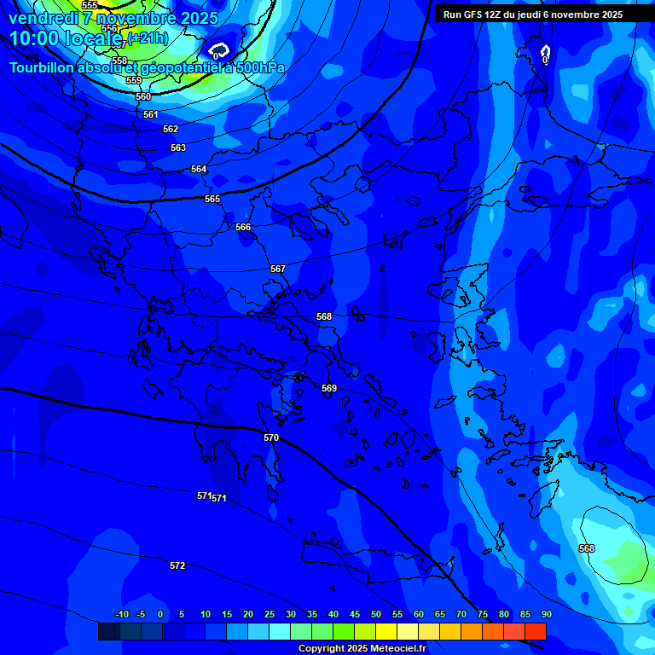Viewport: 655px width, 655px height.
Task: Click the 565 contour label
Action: (212, 199)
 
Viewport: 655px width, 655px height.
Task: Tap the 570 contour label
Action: (271, 438)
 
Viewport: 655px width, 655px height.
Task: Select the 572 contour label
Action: (177, 565)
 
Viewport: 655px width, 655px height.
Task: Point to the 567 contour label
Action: (278, 269)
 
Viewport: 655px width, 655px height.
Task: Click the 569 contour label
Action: (329, 388)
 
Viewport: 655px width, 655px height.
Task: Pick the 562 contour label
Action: (171, 129)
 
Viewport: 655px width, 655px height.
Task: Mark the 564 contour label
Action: (199, 169)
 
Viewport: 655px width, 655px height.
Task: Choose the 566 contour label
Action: (243, 227)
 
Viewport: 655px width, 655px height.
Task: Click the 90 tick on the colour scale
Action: (546, 614)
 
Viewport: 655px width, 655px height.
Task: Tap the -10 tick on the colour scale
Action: (121, 614)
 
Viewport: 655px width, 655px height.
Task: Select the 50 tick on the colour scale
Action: (376, 614)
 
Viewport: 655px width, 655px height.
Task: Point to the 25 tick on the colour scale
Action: (270, 614)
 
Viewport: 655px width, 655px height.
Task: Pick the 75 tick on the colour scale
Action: (483, 614)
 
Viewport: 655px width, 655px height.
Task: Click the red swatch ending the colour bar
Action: (535, 631)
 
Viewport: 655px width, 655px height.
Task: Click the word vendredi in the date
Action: (43, 18)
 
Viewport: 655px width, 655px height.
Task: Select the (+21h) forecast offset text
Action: (148, 38)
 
